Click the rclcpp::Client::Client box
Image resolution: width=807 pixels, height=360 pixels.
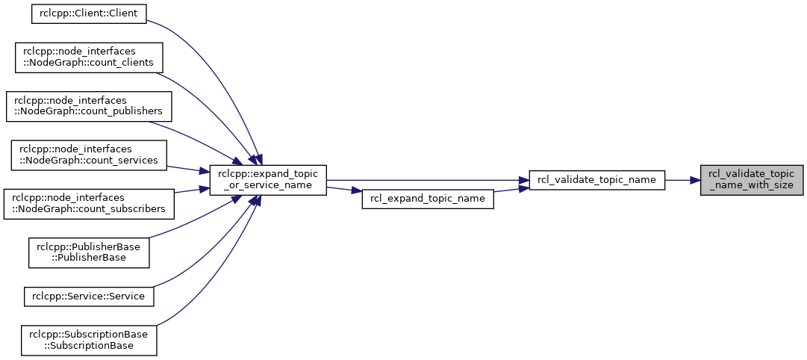[x=89, y=13]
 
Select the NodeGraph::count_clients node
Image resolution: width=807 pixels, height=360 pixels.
[x=89, y=58]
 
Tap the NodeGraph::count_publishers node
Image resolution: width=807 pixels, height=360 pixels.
[x=89, y=107]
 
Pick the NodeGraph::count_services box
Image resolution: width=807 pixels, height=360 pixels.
[x=89, y=155]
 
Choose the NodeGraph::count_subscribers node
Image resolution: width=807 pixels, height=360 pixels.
[x=89, y=204]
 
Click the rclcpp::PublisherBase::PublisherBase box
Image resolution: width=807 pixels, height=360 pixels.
[x=89, y=252]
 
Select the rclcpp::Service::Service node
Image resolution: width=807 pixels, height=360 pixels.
[x=89, y=297]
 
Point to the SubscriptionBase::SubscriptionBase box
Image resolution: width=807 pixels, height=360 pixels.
[x=89, y=341]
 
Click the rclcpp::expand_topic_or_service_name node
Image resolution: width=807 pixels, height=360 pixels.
[x=268, y=180]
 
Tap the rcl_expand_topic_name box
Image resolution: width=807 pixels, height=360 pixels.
[x=428, y=199]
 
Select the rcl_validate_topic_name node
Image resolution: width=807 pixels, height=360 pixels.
[x=597, y=180]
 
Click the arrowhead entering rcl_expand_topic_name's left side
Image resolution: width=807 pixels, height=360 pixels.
[x=357, y=191]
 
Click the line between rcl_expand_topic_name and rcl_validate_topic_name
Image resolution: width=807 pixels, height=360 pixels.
[x=511, y=190]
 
